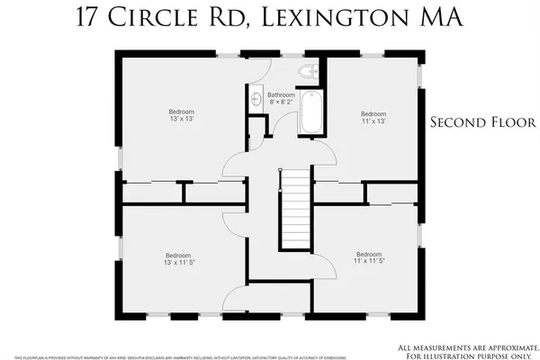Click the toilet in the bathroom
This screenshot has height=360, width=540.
[x=309, y=72]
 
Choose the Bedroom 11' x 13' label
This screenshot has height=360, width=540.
[x=373, y=118]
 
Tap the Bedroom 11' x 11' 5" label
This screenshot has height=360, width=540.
[x=369, y=257]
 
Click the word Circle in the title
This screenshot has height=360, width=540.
[x=157, y=19]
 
